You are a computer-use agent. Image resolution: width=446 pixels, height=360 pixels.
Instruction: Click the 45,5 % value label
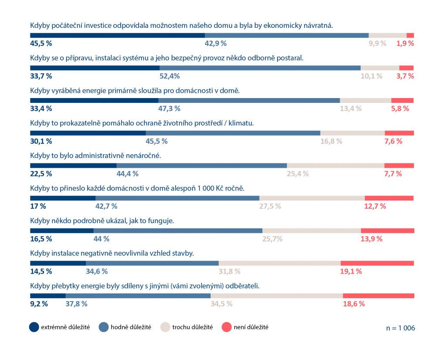[x=41, y=43]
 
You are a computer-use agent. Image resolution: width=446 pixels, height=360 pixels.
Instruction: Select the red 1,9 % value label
[x=405, y=43]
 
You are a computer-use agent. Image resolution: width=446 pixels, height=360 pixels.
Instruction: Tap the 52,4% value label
[x=169, y=76]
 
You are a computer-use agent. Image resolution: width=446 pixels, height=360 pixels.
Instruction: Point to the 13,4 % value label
[x=351, y=109]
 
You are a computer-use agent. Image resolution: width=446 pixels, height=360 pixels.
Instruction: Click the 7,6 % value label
[x=393, y=141]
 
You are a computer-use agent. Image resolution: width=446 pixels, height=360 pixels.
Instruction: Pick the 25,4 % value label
[x=297, y=173]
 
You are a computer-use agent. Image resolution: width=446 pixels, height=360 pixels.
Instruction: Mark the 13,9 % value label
[x=372, y=239]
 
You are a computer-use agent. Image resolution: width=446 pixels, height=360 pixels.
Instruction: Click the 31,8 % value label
[x=229, y=271]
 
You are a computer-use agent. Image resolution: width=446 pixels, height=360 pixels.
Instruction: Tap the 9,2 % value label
[x=39, y=304]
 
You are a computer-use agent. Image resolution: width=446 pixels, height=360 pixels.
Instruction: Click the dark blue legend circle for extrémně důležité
[x=34, y=327]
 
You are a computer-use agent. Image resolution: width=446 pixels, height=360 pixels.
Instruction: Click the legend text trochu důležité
[x=193, y=327]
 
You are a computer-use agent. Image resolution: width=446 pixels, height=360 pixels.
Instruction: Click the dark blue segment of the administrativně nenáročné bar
[x=73, y=166]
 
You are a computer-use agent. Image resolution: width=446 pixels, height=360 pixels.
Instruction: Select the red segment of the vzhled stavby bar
[x=377, y=263]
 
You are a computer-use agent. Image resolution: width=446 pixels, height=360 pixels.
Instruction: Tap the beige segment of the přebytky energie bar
[x=277, y=296]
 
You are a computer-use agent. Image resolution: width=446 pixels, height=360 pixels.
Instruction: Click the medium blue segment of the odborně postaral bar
[x=260, y=68]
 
